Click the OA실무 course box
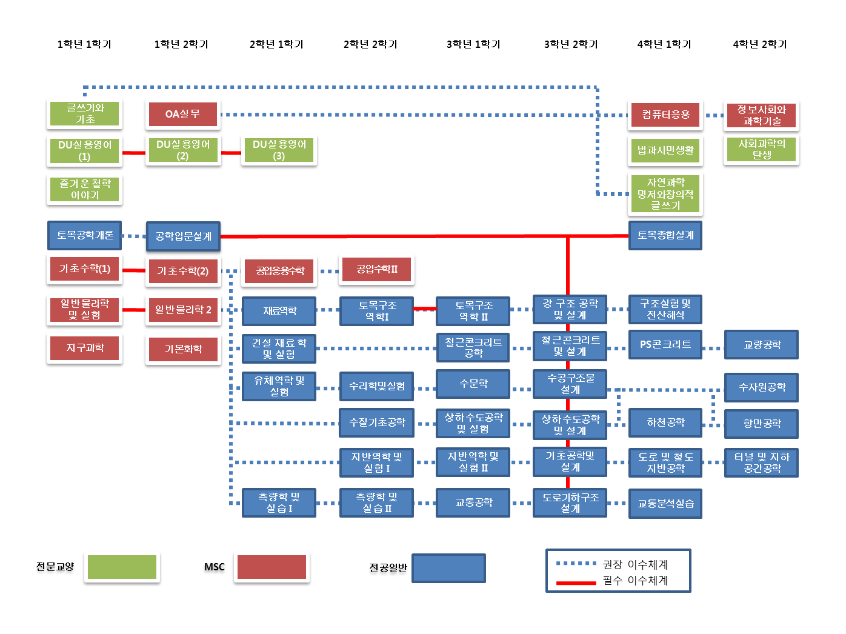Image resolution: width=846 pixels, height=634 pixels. point(182,114)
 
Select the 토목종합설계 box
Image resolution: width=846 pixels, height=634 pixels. point(665,235)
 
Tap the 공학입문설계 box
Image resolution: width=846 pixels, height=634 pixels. point(183,236)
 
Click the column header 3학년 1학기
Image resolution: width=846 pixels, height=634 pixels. point(473,44)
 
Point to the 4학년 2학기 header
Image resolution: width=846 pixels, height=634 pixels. point(759,44)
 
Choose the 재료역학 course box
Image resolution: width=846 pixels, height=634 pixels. point(279,311)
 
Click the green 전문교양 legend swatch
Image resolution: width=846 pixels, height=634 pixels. point(122,567)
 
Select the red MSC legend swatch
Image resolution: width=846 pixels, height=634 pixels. point(271,567)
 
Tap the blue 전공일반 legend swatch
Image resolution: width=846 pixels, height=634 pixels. point(448,568)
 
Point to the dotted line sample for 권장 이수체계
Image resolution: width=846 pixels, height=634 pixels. point(576,564)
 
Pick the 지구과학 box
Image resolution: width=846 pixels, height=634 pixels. point(85,348)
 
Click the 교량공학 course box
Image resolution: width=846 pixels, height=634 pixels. point(761,345)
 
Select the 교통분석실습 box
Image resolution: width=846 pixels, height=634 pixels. point(665,504)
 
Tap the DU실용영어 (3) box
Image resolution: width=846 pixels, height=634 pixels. point(279,150)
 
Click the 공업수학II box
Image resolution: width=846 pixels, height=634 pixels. point(376,269)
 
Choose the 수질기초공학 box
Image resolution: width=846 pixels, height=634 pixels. point(376,422)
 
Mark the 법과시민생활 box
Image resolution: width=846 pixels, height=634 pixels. point(665,150)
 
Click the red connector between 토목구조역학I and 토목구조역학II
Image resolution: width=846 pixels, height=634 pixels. point(425,309)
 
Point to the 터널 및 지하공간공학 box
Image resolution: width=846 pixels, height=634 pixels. point(761,462)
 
